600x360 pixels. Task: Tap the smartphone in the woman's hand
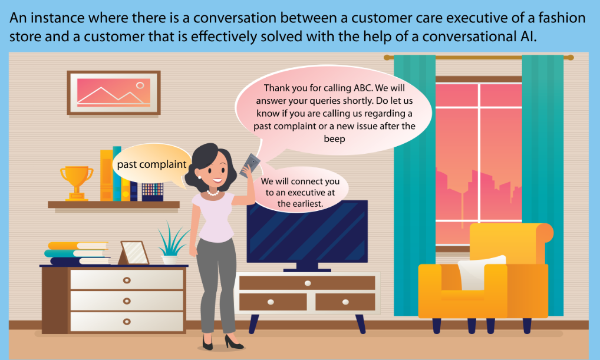(x=250, y=166)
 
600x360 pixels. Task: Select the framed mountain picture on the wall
(x=114, y=93)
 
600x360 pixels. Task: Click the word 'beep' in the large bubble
(x=334, y=139)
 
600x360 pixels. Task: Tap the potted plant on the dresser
(x=171, y=243)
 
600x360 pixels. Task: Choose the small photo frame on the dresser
(x=133, y=253)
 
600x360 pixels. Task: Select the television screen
(x=307, y=232)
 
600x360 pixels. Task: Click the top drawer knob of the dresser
(x=127, y=280)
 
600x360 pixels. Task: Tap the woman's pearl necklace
(x=213, y=193)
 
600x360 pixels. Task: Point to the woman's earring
(x=199, y=177)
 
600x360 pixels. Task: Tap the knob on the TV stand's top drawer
(x=308, y=283)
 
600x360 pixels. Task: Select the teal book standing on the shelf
(x=117, y=174)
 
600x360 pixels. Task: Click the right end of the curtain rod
(x=571, y=58)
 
